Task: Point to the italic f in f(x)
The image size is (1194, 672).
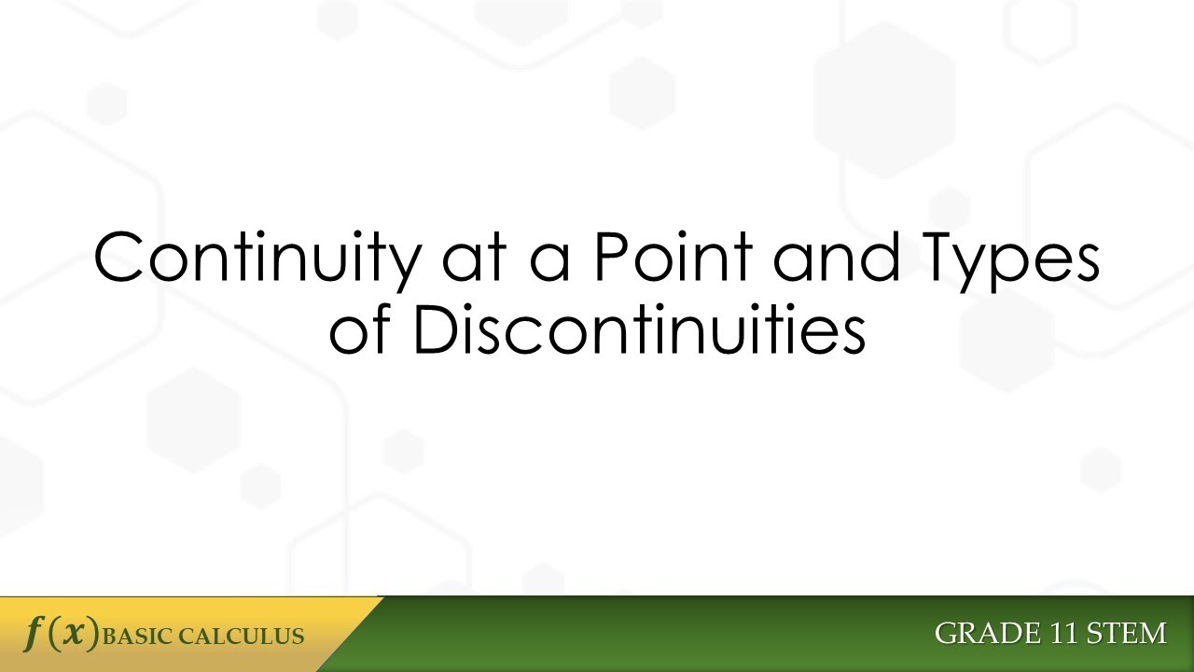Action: click(x=34, y=634)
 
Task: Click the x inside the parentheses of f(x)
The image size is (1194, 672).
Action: click(x=75, y=635)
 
